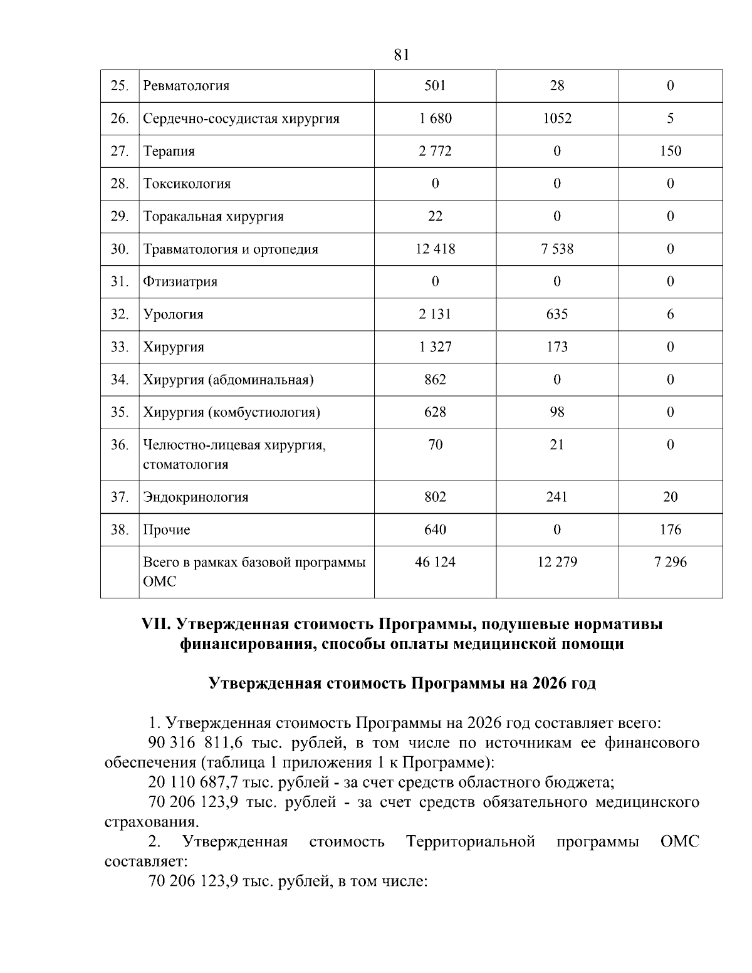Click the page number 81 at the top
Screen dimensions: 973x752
pyautogui.click(x=402, y=55)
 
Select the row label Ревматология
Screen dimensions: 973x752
pyautogui.click(x=186, y=86)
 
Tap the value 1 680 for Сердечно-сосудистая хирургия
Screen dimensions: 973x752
pyautogui.click(x=435, y=118)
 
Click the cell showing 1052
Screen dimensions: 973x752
pyautogui.click(x=556, y=118)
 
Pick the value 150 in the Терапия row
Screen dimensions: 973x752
pyautogui.click(x=670, y=151)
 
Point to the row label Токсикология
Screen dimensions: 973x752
pyautogui.click(x=187, y=184)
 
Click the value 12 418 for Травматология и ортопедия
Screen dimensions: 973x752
pyautogui.click(x=435, y=249)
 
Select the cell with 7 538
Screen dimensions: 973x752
pyautogui.click(x=556, y=249)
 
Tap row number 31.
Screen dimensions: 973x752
pyautogui.click(x=120, y=281)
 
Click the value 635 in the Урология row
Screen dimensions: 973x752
pyautogui.click(x=556, y=314)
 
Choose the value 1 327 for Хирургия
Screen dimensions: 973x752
pyautogui.click(x=435, y=346)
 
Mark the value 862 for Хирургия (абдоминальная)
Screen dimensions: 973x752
pyautogui.click(x=435, y=379)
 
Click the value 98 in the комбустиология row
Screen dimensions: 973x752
pyautogui.click(x=556, y=412)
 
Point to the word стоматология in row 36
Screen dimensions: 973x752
pyautogui.click(x=185, y=465)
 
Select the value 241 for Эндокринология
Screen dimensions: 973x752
pyautogui.click(x=556, y=497)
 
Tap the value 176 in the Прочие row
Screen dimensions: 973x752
pyautogui.click(x=670, y=529)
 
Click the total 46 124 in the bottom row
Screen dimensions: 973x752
pyautogui.click(x=435, y=562)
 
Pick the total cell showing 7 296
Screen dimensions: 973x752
pyautogui.click(x=670, y=562)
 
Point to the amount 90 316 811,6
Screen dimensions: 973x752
pyautogui.click(x=195, y=744)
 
